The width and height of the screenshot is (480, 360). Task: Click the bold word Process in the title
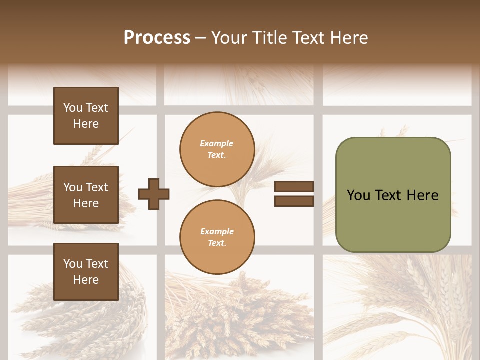[x=157, y=38]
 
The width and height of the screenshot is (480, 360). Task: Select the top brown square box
[x=86, y=116]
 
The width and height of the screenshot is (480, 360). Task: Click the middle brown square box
[x=86, y=195]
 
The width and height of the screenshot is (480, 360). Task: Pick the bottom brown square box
[x=86, y=272]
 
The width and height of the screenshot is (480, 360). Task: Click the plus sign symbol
[x=153, y=194]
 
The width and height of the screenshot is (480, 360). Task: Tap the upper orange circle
[x=217, y=149]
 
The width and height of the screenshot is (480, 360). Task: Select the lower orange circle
[x=217, y=237]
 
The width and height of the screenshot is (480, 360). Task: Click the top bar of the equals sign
[x=294, y=187]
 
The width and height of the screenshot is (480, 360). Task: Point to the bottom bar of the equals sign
[x=294, y=201]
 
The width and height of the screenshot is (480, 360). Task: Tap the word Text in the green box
[x=388, y=195]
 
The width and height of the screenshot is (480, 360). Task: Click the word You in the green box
[x=358, y=195]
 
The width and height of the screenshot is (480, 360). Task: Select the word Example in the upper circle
[x=217, y=143]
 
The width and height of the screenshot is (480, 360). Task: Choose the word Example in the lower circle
[x=217, y=231]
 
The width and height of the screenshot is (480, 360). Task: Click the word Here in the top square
[x=86, y=124]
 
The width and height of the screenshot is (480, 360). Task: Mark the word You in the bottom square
[x=73, y=264]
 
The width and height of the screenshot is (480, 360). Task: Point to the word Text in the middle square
[x=96, y=187]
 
